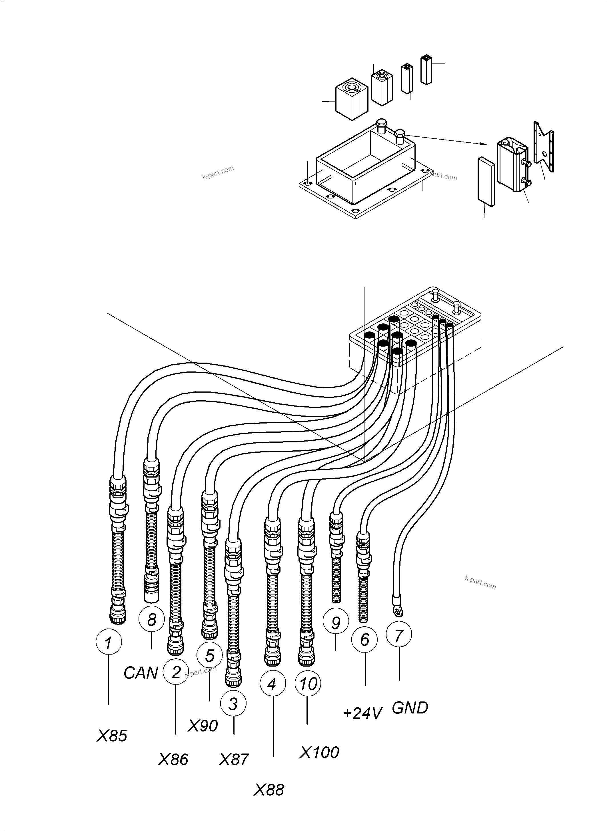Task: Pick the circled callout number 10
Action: coord(308,684)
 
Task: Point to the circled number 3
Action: coord(233,704)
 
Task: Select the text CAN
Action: coord(141,673)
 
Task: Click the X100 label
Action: coord(319,753)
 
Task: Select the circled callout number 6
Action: coord(364,640)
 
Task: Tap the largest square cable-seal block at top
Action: coord(352,99)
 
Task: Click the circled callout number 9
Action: coord(335,623)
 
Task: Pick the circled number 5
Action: coord(209,655)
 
